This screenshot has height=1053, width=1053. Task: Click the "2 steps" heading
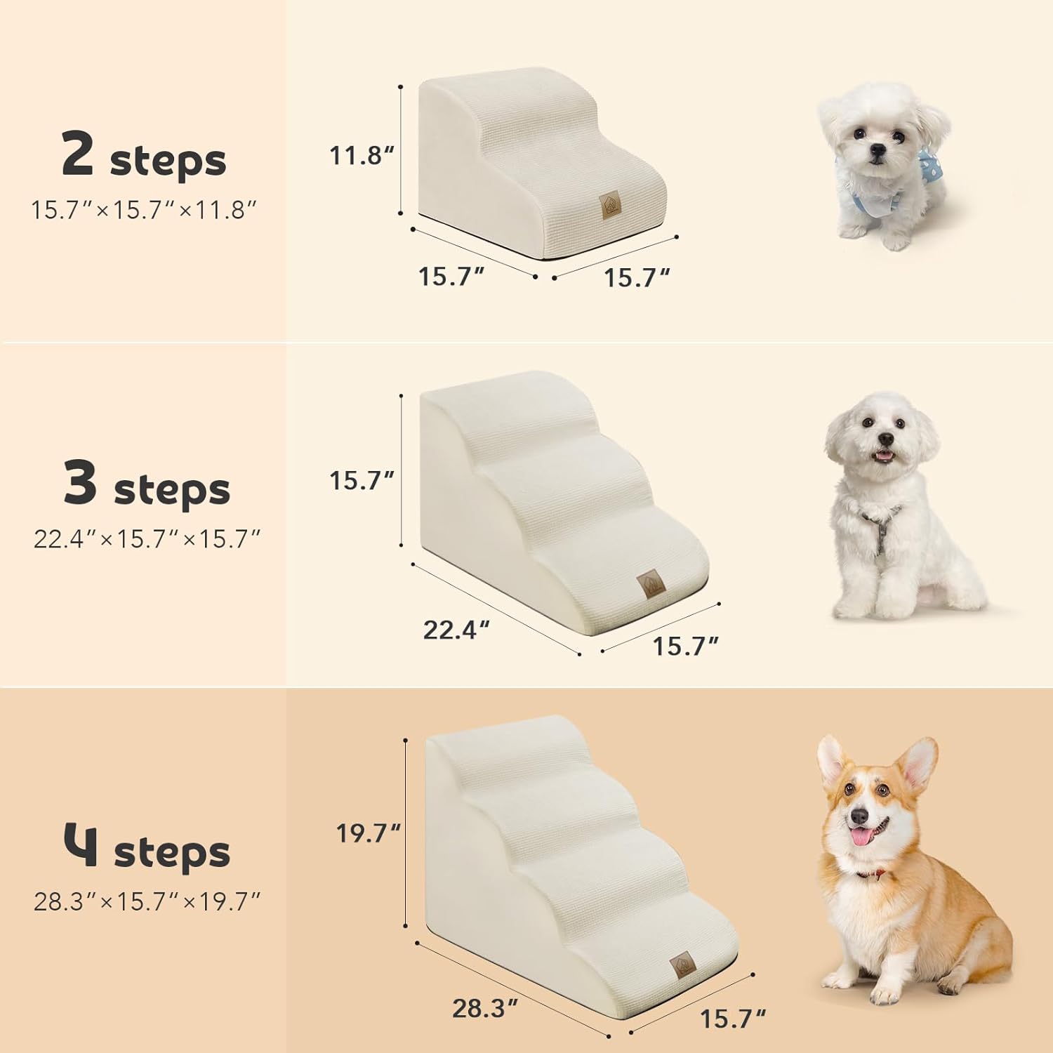144,156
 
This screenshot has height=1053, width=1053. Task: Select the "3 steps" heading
147,484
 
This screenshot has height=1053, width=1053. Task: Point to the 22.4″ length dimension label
456,630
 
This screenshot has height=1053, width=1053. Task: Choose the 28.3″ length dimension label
484,1008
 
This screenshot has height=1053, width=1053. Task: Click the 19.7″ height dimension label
368,833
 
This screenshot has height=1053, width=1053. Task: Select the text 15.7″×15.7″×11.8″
144,210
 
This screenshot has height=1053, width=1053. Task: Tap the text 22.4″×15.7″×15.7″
147,539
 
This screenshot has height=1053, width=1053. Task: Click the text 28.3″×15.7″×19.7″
147,901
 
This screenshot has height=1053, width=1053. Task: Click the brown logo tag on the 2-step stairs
609,205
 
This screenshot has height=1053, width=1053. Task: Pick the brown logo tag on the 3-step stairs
647,584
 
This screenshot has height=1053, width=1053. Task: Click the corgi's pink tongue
861,837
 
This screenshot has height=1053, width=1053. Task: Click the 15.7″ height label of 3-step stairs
362,481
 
